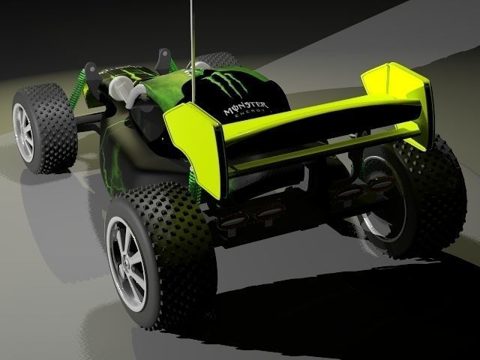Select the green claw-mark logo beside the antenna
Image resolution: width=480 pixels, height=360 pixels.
(224, 84)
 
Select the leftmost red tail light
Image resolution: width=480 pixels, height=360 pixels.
(234, 221)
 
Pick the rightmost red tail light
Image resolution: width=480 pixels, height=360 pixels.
(382, 183)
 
